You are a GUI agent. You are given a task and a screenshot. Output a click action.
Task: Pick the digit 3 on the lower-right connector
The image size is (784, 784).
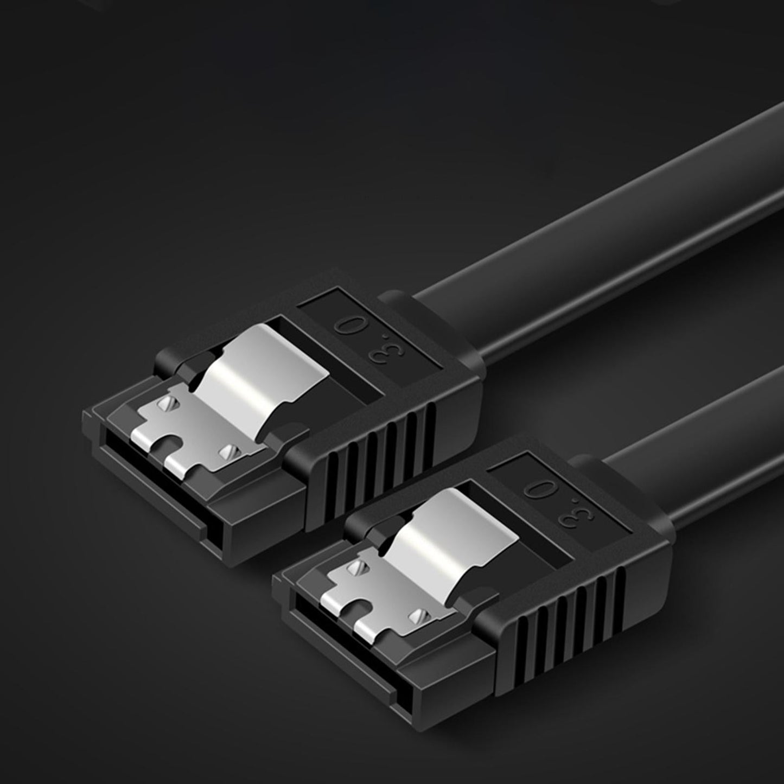[x=566, y=515]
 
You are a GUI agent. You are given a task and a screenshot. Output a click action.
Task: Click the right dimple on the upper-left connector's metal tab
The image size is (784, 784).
[x=230, y=451]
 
